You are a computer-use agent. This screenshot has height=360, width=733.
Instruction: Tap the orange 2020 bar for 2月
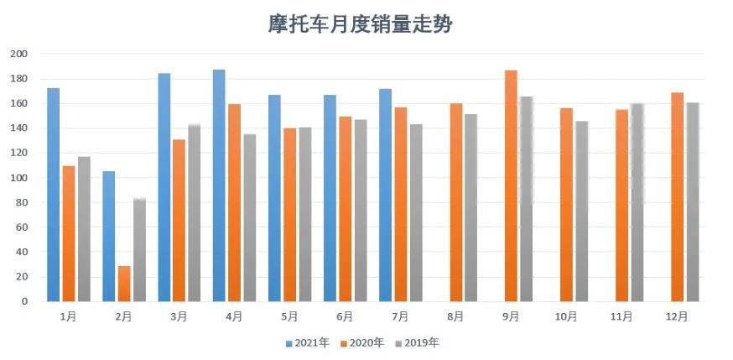[124, 284]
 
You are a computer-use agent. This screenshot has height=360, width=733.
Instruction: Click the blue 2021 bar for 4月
[219, 185]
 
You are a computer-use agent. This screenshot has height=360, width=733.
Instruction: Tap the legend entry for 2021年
[308, 342]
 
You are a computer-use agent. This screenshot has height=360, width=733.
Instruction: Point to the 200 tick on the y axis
[19, 54]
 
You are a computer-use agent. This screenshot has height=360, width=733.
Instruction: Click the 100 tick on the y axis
[19, 178]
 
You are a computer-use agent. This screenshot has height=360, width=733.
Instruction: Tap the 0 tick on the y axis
[25, 301]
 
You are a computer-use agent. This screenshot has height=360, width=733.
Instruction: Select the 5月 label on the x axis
[289, 317]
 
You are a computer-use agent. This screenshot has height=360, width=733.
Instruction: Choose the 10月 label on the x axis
[566, 317]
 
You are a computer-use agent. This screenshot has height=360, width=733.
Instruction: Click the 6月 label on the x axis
[345, 317]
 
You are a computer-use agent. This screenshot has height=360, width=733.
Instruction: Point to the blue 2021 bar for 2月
[109, 236]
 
